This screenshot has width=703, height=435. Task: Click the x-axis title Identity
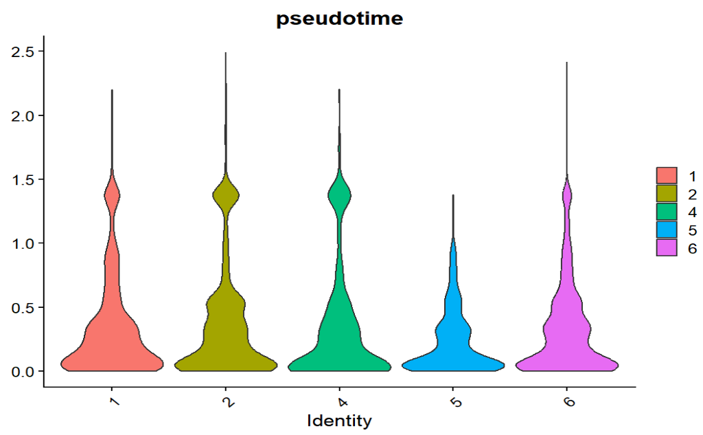[x=339, y=420]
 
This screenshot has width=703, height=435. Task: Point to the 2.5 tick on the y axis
[x=24, y=52]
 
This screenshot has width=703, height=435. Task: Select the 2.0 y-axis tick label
[x=24, y=115]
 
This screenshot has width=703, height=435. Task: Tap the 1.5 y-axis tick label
[x=24, y=179]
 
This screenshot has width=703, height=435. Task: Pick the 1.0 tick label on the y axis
[x=24, y=243]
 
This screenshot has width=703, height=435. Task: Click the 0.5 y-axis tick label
[x=24, y=307]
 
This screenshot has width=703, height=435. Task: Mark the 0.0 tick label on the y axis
[x=24, y=371]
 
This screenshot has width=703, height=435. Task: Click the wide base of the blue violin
[x=453, y=363]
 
